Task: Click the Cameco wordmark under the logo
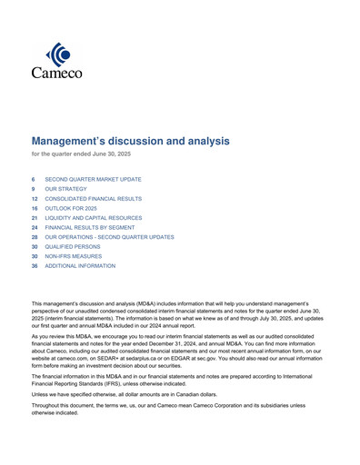[56, 73]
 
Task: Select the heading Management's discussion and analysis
[131, 141]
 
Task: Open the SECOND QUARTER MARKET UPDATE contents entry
[93, 180]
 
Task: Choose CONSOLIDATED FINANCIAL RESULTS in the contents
[93, 198]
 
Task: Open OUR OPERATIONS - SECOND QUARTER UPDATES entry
[109, 237]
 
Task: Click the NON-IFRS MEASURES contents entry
[74, 256]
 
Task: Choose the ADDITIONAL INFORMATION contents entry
[80, 266]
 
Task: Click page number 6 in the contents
[34, 180]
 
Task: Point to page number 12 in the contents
[35, 198]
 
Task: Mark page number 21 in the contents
[35, 218]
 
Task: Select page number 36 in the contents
[35, 266]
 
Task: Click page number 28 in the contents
[35, 237]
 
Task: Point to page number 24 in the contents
[35, 227]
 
